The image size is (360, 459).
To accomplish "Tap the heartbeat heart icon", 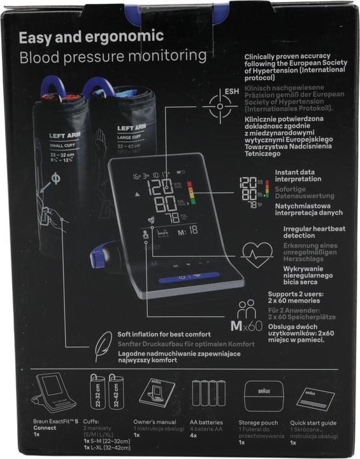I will click(x=256, y=256).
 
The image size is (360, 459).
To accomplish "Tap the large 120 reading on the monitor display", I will click(x=159, y=187).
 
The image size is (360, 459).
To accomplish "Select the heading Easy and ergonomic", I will click(x=91, y=36).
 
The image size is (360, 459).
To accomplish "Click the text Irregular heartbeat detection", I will click(x=308, y=231).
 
